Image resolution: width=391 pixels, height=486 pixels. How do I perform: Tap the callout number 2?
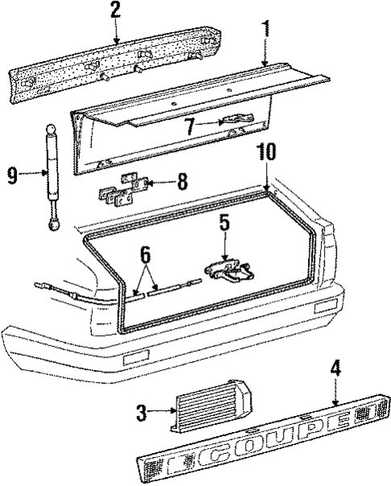115,10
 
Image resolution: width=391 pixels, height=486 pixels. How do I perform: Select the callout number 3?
141,413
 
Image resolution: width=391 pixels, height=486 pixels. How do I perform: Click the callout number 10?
267,151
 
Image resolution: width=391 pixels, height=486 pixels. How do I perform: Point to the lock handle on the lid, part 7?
236,120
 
